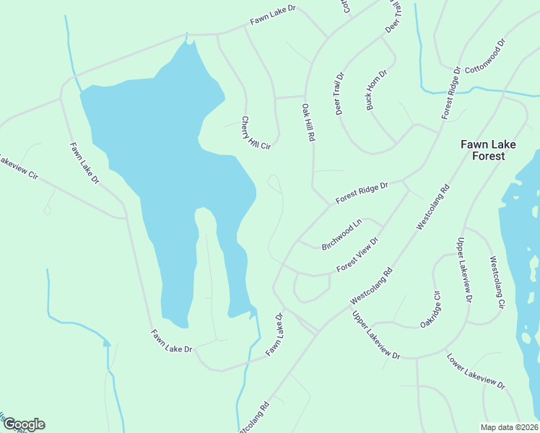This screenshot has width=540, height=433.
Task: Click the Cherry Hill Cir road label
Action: click(x=255, y=133)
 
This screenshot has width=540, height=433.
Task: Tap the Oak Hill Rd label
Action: click(x=308, y=121)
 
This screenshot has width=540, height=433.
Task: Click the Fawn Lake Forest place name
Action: click(x=489, y=150)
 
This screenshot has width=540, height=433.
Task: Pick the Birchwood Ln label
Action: click(x=341, y=236)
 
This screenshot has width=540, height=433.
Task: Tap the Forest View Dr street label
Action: click(x=357, y=255)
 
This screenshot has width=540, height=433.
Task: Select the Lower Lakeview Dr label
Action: click(x=474, y=372)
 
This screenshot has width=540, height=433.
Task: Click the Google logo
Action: click(x=23, y=424)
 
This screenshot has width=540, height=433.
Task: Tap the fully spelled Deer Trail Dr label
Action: click(x=340, y=94)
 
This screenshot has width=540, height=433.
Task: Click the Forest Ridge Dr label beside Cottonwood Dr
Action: click(x=451, y=92)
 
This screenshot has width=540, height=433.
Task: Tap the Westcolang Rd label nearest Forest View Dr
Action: click(x=371, y=286)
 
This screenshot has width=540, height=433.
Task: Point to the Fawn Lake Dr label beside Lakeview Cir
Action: click(x=84, y=163)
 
